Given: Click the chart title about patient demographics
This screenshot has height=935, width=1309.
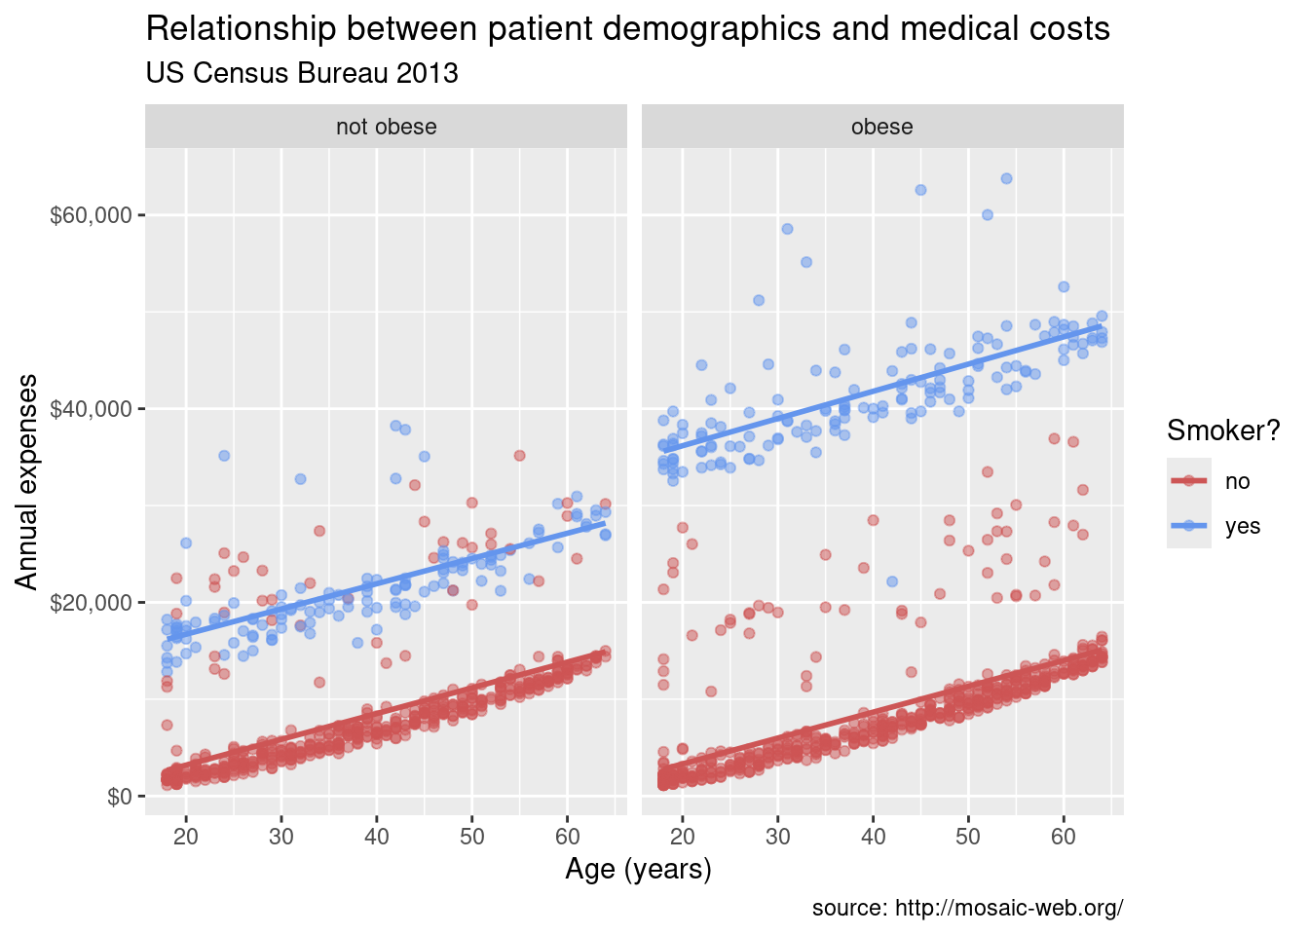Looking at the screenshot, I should coord(627,29).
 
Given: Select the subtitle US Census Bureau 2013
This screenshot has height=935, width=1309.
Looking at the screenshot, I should coord(302,73).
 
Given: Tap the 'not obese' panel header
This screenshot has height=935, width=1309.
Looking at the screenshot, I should coord(386,127).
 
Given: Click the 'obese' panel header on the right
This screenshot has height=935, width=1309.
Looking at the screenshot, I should coord(881,127).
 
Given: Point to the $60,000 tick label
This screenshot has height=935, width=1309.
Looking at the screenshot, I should coord(91,215).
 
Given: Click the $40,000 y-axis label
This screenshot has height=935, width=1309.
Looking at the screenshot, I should coord(91,408).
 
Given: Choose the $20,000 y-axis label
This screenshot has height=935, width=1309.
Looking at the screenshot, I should coord(91,602).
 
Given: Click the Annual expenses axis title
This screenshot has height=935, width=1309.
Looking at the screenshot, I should coord(28,481).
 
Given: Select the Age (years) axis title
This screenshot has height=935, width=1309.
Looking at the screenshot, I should coord(638,868).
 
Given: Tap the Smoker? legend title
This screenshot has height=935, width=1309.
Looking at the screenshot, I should coord(1223,430).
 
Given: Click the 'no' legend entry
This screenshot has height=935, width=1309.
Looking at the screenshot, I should coord(1237,481).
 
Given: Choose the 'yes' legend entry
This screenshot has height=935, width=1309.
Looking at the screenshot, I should coord(1243,526).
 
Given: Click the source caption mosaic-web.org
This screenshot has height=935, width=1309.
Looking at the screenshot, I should coord(967,909).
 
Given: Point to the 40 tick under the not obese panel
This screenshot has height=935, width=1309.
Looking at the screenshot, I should coord(376,837).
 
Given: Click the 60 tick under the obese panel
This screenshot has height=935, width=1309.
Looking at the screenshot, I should coord(1064,837).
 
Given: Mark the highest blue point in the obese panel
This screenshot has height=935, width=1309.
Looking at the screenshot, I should coord(1006,178).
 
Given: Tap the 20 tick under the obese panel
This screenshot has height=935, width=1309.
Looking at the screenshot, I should coord(682,837).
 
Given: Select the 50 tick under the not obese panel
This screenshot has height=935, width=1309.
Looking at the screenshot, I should coord(471,837).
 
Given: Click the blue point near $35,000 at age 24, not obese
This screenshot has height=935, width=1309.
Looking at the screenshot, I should coord(224,455).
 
